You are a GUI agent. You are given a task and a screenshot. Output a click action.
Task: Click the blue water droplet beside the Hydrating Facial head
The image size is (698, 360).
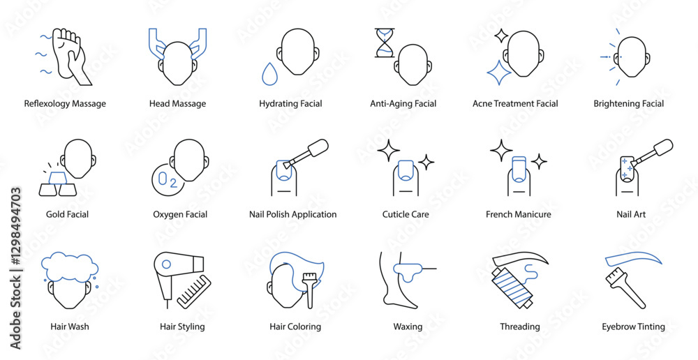[x=269, y=75]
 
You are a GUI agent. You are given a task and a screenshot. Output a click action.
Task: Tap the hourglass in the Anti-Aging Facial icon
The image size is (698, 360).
[x=385, y=43]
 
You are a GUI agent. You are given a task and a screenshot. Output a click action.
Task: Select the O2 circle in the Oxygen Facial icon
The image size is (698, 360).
[x=168, y=180]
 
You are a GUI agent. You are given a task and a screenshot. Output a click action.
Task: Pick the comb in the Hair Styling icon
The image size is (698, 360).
[x=194, y=292]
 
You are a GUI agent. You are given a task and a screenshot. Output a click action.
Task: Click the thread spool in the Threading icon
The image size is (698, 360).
[x=512, y=287]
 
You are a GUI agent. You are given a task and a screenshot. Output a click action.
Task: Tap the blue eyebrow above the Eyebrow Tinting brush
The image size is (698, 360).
[x=633, y=258]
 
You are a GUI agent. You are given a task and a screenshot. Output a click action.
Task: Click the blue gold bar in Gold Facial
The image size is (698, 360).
[x=57, y=178]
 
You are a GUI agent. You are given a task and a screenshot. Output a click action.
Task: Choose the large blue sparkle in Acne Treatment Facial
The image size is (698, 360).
[x=498, y=72]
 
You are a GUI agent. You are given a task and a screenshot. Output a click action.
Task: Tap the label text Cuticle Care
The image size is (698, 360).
[x=406, y=214]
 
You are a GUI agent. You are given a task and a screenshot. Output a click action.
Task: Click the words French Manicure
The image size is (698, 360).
[x=518, y=214]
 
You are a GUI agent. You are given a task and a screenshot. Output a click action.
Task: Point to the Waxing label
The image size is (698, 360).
[x=408, y=327]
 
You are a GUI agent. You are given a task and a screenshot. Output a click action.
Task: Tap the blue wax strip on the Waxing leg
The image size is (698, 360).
[x=407, y=271]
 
